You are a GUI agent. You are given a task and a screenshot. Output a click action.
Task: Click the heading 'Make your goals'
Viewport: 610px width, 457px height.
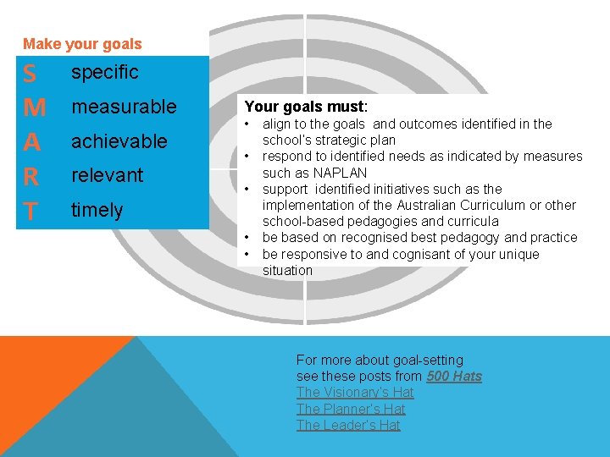(x=82, y=44)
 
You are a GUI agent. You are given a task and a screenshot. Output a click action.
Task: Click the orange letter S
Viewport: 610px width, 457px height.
(x=30, y=74)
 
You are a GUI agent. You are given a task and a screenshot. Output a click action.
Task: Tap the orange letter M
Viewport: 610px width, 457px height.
(x=34, y=108)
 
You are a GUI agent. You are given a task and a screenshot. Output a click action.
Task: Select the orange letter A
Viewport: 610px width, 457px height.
(x=32, y=142)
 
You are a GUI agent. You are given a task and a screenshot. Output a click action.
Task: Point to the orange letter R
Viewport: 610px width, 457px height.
(x=31, y=177)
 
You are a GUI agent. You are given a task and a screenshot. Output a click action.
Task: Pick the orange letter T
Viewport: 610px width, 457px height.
(x=30, y=212)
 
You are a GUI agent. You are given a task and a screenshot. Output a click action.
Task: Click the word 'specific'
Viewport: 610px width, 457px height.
(x=104, y=73)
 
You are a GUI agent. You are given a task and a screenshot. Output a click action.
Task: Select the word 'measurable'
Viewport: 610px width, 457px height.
(x=124, y=107)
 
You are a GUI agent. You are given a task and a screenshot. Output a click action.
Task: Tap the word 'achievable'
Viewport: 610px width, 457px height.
(x=119, y=141)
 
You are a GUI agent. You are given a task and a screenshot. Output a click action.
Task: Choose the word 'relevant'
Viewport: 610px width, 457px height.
(x=107, y=175)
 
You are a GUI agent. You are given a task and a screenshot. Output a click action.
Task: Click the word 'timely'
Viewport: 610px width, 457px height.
(x=97, y=210)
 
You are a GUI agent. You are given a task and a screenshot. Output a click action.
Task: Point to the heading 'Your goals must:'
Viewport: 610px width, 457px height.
(x=306, y=107)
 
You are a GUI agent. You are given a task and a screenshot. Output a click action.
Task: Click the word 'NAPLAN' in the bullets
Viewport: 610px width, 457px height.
(x=340, y=173)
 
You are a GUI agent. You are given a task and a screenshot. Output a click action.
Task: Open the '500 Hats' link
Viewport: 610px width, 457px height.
(x=454, y=376)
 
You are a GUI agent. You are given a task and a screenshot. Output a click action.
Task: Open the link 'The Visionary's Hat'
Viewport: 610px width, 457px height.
(x=355, y=392)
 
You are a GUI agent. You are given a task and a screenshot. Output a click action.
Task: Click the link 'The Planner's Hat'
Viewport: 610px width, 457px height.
(x=351, y=409)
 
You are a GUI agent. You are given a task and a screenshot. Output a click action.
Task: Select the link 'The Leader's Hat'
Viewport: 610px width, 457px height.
(x=348, y=425)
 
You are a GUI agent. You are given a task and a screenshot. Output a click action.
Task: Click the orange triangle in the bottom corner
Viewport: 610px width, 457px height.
(x=42, y=372)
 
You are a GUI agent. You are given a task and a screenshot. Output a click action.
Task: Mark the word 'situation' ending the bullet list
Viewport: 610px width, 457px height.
(x=287, y=270)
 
